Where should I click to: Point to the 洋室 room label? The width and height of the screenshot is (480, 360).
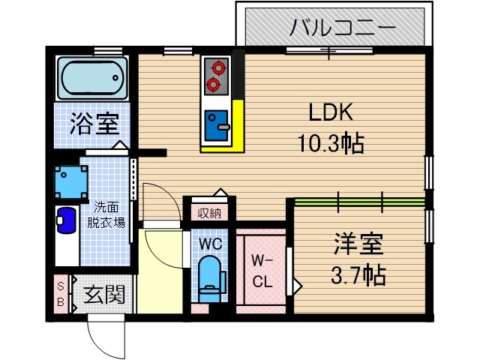click(x=358, y=244)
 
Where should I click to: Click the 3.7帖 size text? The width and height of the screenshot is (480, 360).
click(x=358, y=275)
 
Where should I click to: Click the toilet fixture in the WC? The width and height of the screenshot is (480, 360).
click(x=209, y=277)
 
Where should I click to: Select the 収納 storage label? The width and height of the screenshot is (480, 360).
click(x=209, y=213)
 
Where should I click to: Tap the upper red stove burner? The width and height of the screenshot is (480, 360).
click(x=217, y=67)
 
